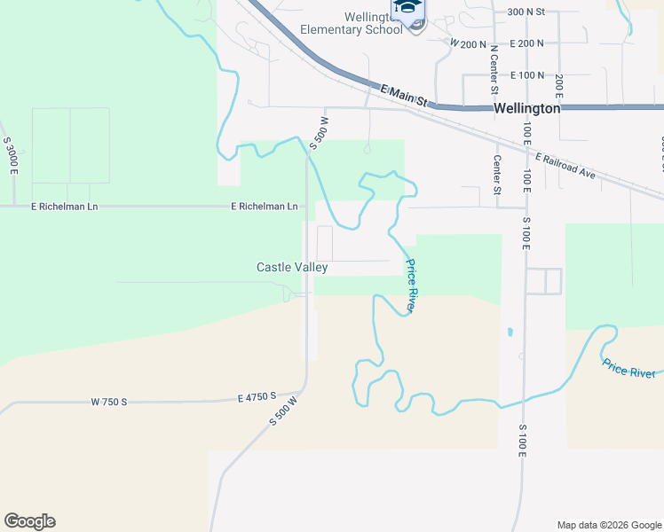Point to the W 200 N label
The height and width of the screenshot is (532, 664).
468,43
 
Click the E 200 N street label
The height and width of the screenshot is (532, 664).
527,43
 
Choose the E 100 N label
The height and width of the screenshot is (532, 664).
527,75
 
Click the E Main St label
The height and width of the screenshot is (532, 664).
404,96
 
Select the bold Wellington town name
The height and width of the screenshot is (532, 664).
526,108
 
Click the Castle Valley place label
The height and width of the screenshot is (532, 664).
292,267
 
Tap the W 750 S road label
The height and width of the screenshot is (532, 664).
109,402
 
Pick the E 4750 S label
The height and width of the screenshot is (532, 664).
257,396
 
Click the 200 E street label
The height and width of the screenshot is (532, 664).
559,90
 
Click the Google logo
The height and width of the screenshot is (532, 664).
29,521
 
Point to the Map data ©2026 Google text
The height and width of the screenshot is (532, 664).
608,525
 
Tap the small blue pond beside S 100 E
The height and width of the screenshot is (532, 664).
510,332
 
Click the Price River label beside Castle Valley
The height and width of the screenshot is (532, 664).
410,286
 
